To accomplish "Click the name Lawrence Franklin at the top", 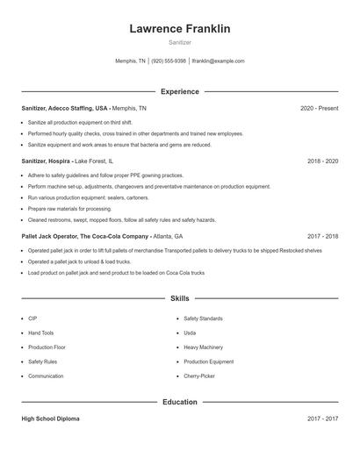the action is [x=179, y=29].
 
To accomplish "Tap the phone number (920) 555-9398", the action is [x=169, y=61].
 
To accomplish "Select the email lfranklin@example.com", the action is [x=218, y=61].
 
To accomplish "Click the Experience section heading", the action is [x=179, y=91].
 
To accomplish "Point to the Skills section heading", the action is [x=179, y=298].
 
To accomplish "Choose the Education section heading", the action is [x=179, y=402].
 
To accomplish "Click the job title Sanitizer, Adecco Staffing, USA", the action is [x=65, y=108].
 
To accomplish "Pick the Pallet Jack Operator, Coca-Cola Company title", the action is [x=85, y=236].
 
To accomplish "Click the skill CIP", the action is [x=32, y=318].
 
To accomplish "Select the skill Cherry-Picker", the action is [x=198, y=376].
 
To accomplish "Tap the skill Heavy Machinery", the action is [x=203, y=347].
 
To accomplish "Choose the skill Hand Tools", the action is [x=40, y=333].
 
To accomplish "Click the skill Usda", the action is [x=190, y=333].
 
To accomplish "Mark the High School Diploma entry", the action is [x=50, y=418].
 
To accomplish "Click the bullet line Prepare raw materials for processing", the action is [x=69, y=209].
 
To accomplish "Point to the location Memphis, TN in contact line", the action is [x=131, y=61].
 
